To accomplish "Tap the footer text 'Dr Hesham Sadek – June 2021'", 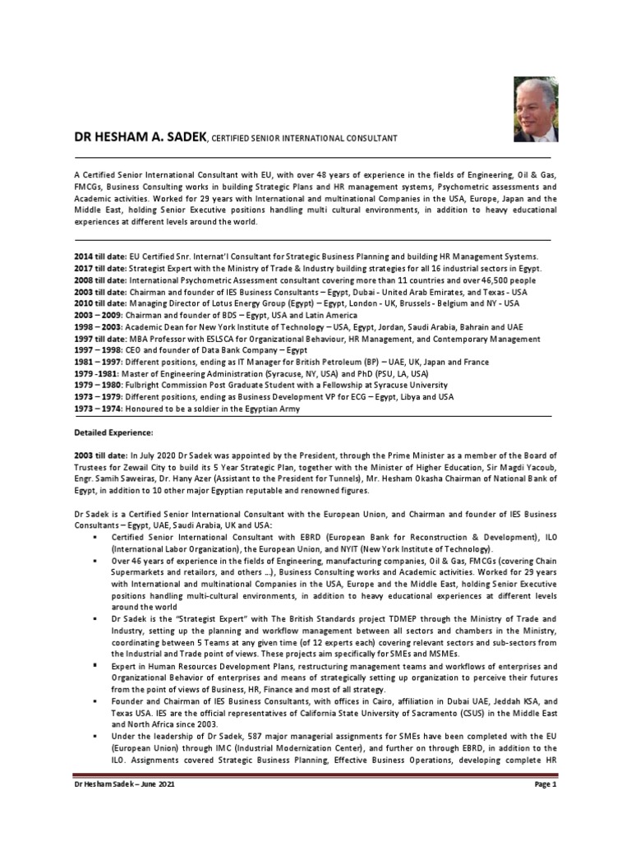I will (x=124, y=785).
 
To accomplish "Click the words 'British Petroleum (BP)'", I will (x=327, y=362).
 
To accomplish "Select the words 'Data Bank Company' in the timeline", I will (x=231, y=350).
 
